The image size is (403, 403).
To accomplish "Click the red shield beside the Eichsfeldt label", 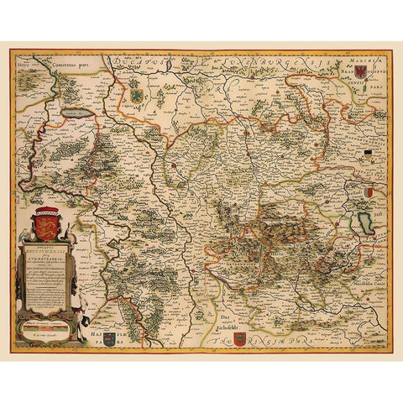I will pos(239,338).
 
